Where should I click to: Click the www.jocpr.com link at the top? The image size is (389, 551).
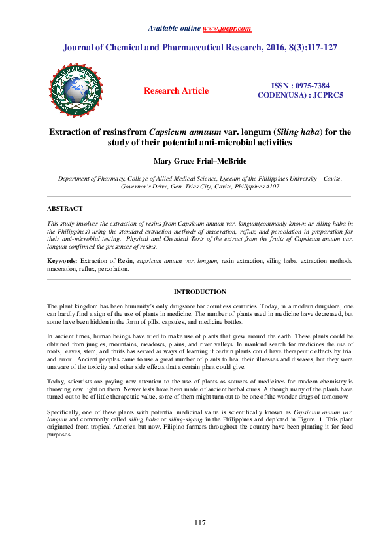pyautogui.click(x=227, y=29)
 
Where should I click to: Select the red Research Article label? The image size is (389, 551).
pyautogui.click(x=177, y=91)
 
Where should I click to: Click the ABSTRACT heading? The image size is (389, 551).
pyautogui.click(x=65, y=208)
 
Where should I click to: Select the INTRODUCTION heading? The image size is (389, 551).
pyautogui.click(x=200, y=292)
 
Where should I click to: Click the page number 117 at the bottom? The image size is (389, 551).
pyautogui.click(x=200, y=522)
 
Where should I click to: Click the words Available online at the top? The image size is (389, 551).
pyautogui.click(x=175, y=29)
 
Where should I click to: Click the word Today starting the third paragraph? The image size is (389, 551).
pyautogui.click(x=56, y=380)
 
